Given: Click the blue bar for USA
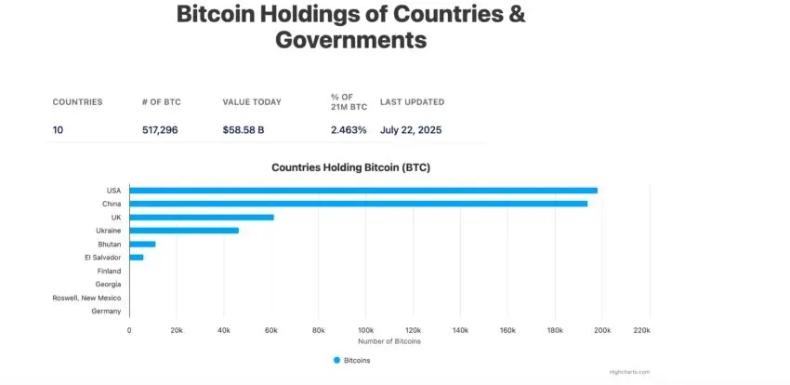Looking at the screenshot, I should click(x=362, y=191).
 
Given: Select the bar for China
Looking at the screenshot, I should click(x=358, y=204).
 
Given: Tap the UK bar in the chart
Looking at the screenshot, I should click(x=201, y=217).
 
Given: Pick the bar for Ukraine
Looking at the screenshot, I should click(x=183, y=230).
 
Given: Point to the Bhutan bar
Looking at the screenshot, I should click(x=142, y=244).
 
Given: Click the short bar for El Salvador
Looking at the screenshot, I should click(x=136, y=257).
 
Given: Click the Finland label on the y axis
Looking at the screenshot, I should click(x=109, y=271).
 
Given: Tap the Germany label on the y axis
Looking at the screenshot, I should click(x=106, y=311).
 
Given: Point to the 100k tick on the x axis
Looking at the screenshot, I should click(x=365, y=330).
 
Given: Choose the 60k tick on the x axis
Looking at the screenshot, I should click(x=270, y=330).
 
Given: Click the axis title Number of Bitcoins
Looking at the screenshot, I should click(x=388, y=341).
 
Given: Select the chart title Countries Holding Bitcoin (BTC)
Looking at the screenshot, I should click(x=350, y=167).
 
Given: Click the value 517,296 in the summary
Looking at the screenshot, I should click(x=159, y=129).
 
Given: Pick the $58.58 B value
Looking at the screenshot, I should click(x=243, y=129).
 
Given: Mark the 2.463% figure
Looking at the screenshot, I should click(x=349, y=129).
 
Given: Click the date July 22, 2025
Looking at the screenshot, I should click(x=411, y=129).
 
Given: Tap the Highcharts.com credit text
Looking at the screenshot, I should click(x=631, y=371).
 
